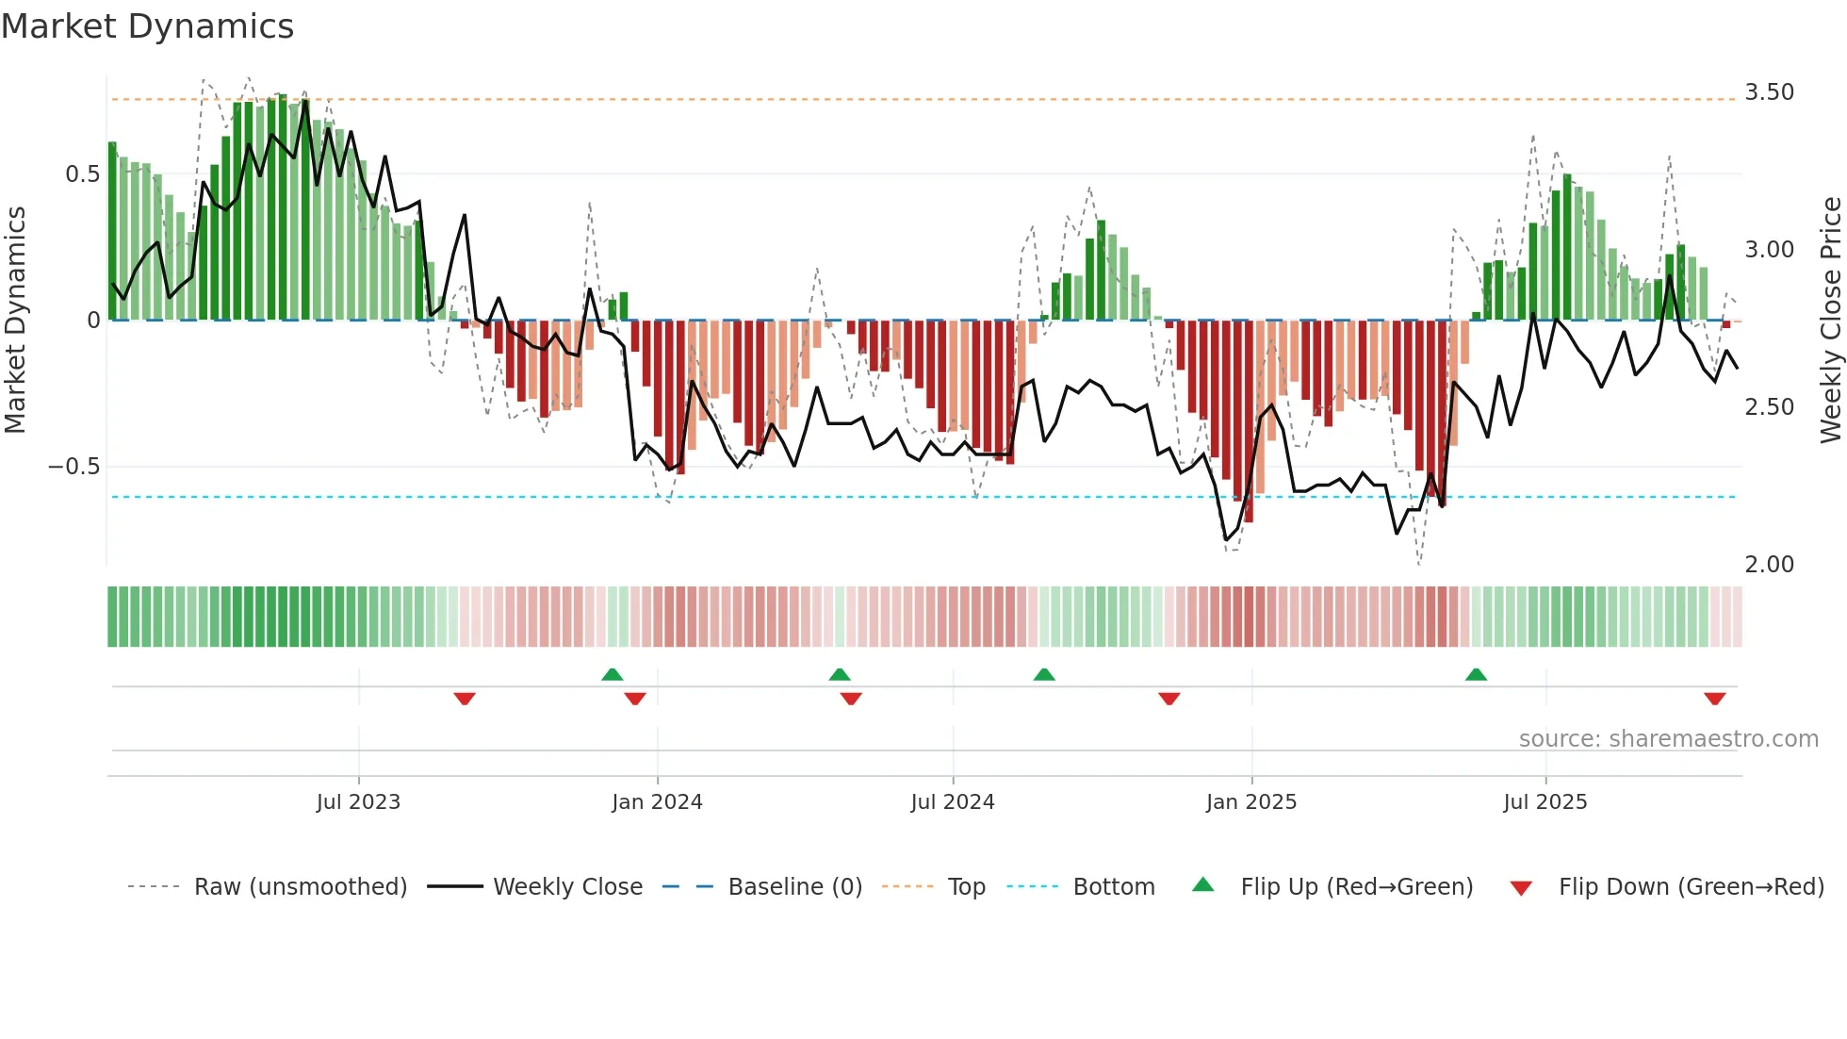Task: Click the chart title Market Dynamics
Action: coord(148,26)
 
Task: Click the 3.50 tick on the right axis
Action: coord(1769,92)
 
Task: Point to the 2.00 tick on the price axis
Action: coord(1769,565)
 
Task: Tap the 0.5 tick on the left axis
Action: coord(82,174)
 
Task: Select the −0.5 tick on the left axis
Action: coord(74,467)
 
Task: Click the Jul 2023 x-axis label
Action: coord(358,802)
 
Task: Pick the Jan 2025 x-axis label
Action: coord(1250,802)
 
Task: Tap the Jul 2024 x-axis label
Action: coord(952,802)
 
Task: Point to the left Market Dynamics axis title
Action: coord(16,321)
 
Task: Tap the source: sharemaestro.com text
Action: coord(1668,739)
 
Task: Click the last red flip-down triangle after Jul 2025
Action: coord(1714,699)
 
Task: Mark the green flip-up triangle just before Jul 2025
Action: coord(1476,674)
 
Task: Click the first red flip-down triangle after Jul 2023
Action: coord(464,699)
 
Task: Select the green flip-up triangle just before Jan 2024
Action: coord(612,674)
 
